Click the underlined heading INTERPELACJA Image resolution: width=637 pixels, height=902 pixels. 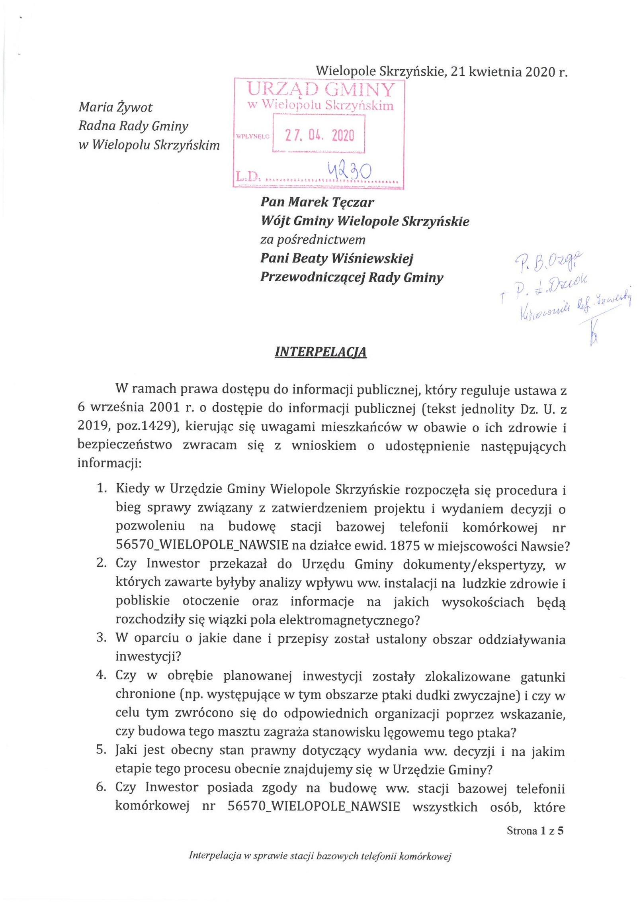[320, 352]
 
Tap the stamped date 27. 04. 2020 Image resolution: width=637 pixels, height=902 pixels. [319, 135]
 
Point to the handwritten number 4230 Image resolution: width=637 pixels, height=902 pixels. [349, 171]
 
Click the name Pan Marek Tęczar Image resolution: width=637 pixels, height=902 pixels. [317, 202]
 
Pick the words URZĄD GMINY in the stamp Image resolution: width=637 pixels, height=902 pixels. [320, 89]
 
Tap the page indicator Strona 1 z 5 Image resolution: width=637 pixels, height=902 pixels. [535, 831]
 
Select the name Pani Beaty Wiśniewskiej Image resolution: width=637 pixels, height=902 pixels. [337, 259]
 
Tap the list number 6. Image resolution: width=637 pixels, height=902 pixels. [101, 787]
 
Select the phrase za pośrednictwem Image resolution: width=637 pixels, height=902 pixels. [313, 240]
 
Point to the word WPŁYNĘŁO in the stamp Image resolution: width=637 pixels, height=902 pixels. [253, 136]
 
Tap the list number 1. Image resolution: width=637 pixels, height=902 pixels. [101, 488]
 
